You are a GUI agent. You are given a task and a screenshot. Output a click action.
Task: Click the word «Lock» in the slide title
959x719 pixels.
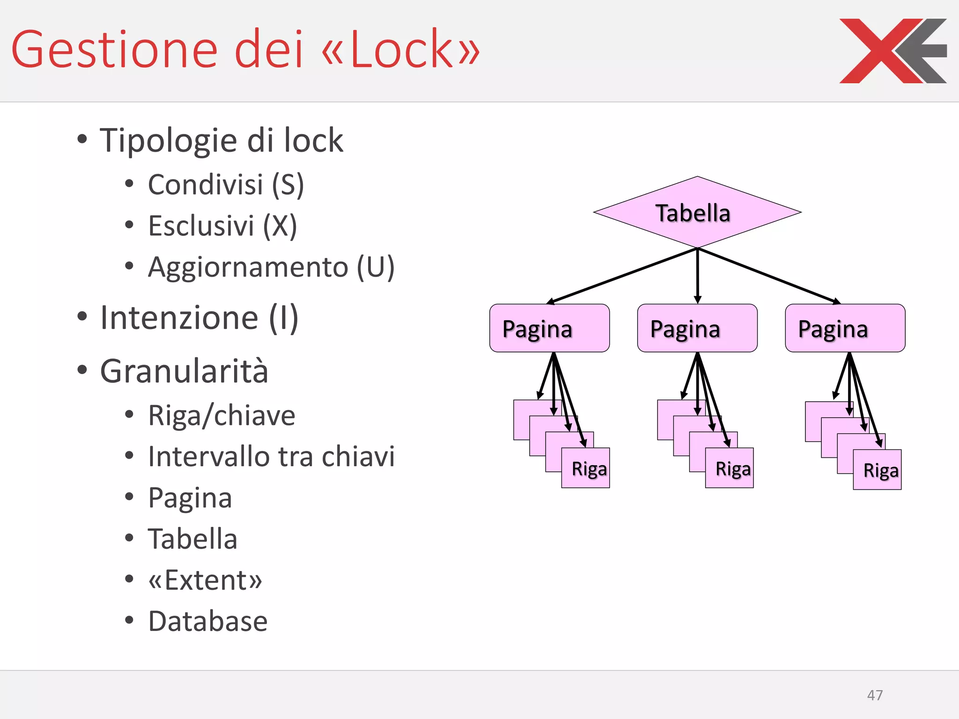pos(401,50)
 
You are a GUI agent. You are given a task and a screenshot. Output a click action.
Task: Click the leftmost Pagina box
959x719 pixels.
pos(549,328)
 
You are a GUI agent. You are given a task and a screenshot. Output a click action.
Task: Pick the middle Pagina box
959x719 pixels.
pos(697,328)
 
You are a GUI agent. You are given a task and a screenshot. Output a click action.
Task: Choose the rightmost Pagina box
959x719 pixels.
pos(845,328)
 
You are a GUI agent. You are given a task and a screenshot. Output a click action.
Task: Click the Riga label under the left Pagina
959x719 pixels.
pos(589,469)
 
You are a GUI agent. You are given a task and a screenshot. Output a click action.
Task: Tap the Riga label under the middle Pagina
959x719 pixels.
pos(732,469)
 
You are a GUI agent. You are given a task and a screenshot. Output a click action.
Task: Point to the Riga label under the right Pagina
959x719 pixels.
pos(880,470)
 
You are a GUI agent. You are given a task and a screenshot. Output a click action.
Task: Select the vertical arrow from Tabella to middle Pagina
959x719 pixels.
pos(698,276)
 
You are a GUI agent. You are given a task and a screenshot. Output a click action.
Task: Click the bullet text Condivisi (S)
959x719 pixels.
pos(226,184)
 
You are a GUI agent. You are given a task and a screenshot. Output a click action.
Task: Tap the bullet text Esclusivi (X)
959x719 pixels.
pos(222,226)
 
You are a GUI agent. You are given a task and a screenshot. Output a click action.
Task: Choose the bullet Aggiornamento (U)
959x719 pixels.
pos(271,267)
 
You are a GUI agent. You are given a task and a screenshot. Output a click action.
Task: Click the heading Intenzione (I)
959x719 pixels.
pos(199,318)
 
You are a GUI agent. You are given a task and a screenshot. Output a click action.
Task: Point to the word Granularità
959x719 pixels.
pos(184,371)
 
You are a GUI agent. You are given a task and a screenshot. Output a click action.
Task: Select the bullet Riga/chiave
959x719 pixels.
pos(221,415)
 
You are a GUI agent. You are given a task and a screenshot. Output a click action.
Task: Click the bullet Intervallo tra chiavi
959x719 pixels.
pos(271,456)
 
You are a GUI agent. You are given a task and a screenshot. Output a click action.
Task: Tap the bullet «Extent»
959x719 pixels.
pos(205,580)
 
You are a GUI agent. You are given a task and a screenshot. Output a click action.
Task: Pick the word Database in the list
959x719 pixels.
pos(208,621)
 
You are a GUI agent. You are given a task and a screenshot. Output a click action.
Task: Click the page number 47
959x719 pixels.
pos(875,695)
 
